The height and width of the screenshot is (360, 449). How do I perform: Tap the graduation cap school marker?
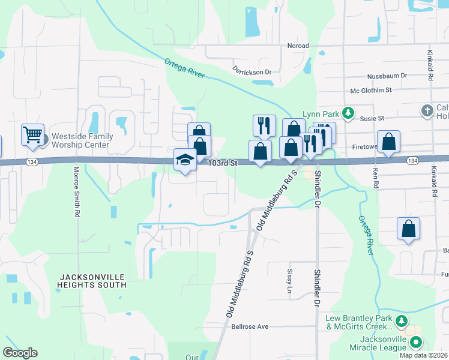[x=185, y=160]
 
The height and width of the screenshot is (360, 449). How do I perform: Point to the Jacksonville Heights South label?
[x=92, y=280]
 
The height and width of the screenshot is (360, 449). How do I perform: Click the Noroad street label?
[x=298, y=46]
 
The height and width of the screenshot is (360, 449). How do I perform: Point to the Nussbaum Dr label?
[x=387, y=76]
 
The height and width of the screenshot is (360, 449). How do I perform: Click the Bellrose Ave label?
[x=250, y=326]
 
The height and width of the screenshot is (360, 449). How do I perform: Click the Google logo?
[x=20, y=353]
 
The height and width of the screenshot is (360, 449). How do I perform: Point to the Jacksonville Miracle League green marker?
[x=415, y=343]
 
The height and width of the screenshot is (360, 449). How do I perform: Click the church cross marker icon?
[x=426, y=110]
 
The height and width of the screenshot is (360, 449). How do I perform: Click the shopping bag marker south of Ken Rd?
[x=408, y=229]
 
